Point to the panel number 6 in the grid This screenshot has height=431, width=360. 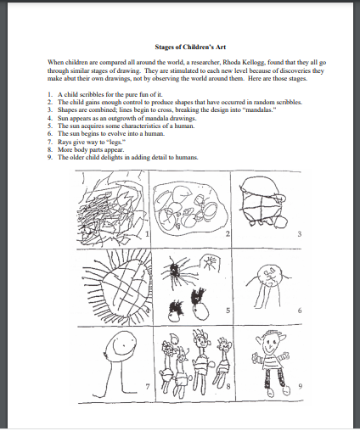[299, 311]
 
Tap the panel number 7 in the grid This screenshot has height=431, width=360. [147, 386]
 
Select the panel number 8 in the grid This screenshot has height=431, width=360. [227, 386]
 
